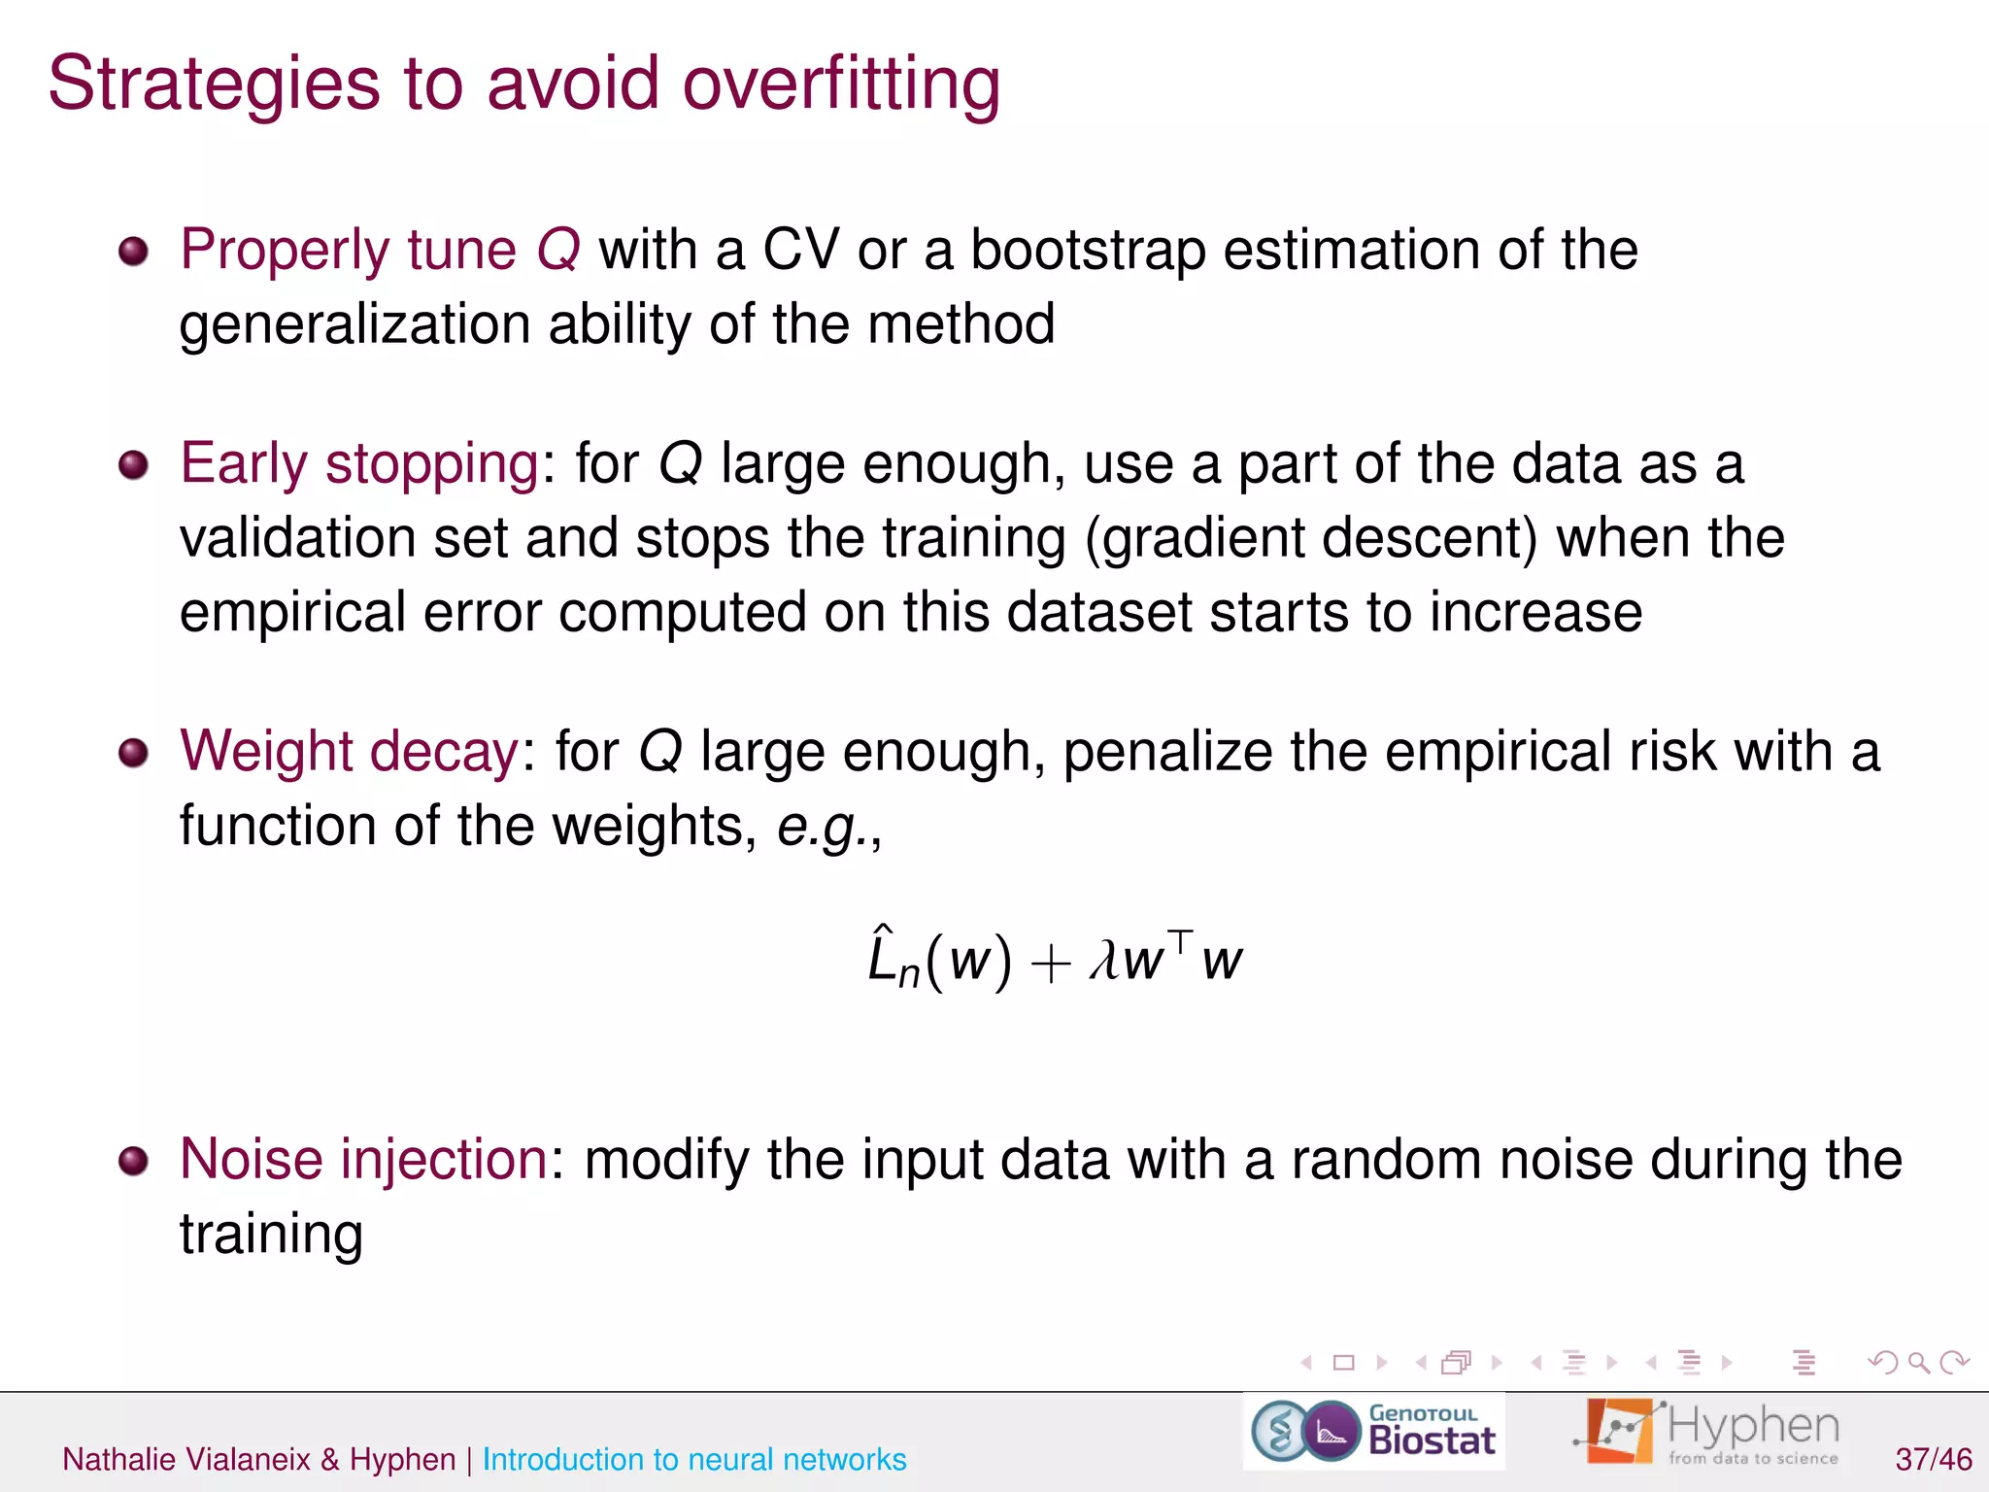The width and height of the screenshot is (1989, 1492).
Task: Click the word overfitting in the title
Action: (841, 84)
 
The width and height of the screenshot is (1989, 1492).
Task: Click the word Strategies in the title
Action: (214, 85)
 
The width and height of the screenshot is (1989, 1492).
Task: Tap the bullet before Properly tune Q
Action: (133, 252)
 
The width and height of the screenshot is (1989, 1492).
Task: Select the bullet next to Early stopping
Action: (133, 465)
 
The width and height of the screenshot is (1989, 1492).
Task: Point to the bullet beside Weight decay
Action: (133, 753)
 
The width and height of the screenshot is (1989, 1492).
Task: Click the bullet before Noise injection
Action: (133, 1161)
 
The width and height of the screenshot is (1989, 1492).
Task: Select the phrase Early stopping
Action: (359, 463)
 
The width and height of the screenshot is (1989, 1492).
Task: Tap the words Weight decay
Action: (350, 752)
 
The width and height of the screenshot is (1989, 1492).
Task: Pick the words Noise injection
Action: (364, 1159)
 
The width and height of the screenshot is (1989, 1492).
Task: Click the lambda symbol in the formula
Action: (1104, 961)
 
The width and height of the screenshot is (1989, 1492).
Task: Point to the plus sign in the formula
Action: (1050, 965)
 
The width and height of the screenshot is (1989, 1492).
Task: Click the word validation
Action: (296, 538)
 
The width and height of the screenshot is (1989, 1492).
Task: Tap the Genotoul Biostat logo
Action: (1373, 1432)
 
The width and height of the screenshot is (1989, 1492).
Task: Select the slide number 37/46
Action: (1933, 1459)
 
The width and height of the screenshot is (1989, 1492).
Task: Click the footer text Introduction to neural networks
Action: (694, 1459)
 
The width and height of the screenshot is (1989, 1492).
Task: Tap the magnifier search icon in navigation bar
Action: (1918, 1363)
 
